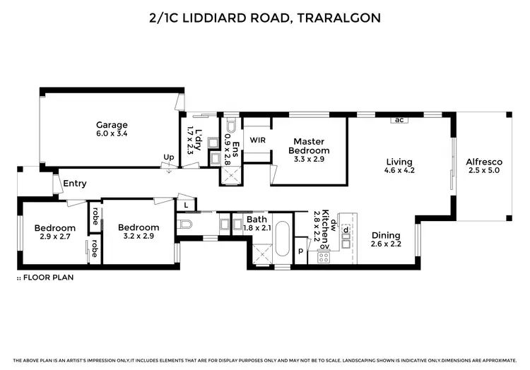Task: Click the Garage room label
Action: [111, 125]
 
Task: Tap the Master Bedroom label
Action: [309, 146]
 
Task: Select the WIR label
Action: [257, 140]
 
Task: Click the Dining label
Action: [386, 236]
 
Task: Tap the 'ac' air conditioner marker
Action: [399, 119]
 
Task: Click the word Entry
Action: [75, 184]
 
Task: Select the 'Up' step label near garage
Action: [169, 157]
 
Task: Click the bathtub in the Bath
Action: [283, 240]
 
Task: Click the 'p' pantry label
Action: [300, 251]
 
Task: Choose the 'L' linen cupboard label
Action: [185, 205]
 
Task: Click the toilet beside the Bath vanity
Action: [186, 225]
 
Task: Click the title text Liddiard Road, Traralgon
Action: [265, 16]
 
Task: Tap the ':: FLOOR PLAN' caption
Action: [45, 277]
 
